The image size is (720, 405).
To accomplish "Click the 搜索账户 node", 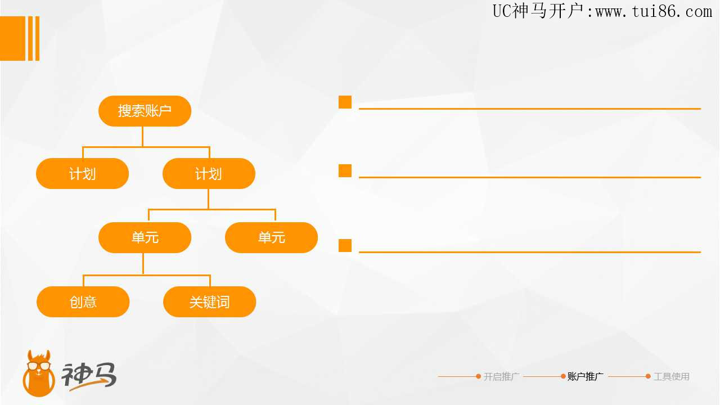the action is point(145,111).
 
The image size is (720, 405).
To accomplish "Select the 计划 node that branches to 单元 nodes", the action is point(209,174).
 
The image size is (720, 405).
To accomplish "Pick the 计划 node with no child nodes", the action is point(82,174).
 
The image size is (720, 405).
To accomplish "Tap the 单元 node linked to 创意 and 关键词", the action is point(145,237).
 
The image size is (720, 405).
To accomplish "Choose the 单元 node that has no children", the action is point(271,237).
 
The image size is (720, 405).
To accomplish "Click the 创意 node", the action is point(83,302).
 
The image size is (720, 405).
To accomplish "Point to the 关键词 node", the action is point(210,302).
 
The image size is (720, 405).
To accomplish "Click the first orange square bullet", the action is point(345,102).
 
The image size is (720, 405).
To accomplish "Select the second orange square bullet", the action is point(345,170).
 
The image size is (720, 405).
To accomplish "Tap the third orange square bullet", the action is point(345,246).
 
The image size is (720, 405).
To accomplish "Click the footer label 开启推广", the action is point(501,376).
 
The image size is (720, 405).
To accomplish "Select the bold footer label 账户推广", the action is point(586,376).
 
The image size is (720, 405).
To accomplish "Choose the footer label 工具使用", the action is point(672,376).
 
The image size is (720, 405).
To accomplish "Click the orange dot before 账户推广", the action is point(563,376).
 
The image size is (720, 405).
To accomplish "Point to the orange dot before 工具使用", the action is point(648,376).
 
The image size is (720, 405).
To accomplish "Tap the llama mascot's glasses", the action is point(39,366).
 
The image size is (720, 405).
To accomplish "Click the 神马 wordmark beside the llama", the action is point(89,376).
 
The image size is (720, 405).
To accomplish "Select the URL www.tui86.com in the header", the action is point(654,12).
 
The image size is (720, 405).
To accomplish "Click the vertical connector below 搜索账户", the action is point(142,137).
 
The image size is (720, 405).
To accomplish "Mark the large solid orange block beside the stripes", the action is point(12,38).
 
